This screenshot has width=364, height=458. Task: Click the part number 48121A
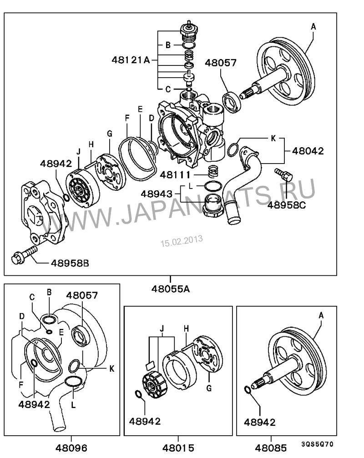131,60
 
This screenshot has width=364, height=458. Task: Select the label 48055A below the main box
171,289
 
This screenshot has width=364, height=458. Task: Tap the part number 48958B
70,263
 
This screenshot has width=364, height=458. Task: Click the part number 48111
175,175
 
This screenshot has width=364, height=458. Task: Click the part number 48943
157,194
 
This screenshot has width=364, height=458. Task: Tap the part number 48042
308,151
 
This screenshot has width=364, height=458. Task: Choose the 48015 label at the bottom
178,448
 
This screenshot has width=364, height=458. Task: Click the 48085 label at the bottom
271,448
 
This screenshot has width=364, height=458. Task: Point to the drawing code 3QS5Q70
318,444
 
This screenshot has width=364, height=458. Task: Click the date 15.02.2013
182,241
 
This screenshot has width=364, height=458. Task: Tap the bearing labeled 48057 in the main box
232,102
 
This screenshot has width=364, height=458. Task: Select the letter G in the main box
110,134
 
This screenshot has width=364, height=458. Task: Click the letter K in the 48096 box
111,368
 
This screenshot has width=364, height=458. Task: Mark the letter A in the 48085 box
321,315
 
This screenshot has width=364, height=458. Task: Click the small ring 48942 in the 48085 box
247,390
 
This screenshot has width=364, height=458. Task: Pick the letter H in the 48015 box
187,329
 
